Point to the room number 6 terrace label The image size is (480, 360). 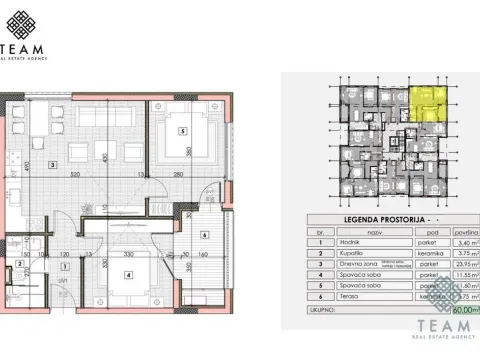coord(204,235)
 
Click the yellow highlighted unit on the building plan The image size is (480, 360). coord(427,102)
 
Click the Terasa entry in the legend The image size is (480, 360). coord(347,296)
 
